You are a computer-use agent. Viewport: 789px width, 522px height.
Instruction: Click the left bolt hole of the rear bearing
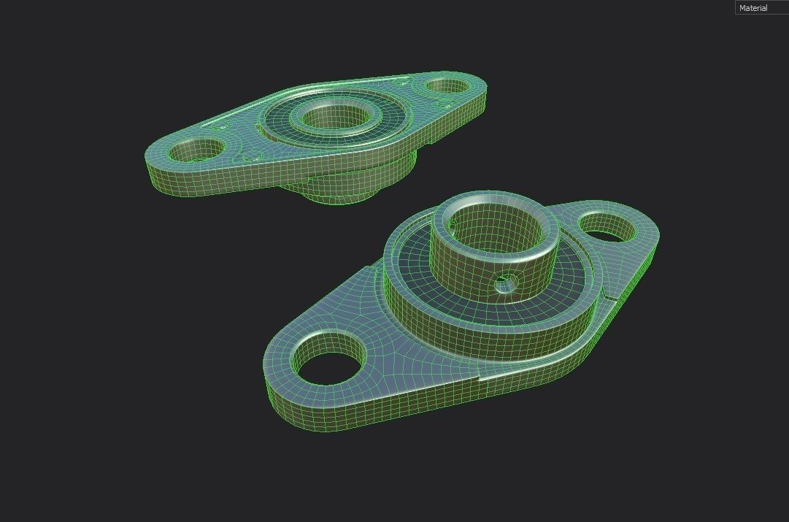(196, 150)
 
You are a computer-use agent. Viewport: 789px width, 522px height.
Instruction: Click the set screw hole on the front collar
(504, 283)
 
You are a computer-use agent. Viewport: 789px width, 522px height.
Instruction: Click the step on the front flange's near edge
(480, 379)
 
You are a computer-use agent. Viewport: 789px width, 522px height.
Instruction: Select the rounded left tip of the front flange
(274, 387)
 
